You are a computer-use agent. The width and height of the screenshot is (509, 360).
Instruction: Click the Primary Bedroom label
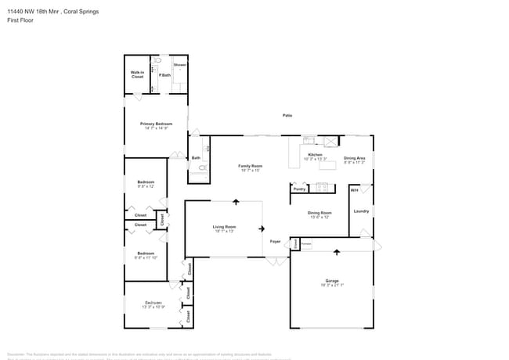click(157, 124)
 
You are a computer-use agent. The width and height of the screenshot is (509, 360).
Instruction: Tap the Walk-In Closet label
click(137, 75)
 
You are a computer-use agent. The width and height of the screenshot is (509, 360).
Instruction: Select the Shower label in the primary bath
click(179, 64)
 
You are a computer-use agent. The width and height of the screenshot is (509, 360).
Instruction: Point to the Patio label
click(287, 116)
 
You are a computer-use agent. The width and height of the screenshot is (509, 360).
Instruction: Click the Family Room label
click(250, 166)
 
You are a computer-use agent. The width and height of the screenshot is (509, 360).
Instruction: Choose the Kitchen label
click(315, 155)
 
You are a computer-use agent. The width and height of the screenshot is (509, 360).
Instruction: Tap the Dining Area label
click(354, 158)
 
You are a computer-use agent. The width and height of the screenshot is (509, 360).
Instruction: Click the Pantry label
click(299, 189)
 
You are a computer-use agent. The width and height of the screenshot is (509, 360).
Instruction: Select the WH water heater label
click(354, 190)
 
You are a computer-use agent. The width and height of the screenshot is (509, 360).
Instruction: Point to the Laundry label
click(361, 211)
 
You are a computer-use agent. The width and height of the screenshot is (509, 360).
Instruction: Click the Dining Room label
click(319, 213)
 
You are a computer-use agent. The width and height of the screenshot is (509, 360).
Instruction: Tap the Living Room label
click(224, 228)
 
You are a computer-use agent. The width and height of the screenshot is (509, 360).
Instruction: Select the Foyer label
click(276, 242)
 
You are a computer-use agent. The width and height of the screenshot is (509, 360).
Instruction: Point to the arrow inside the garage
click(337, 252)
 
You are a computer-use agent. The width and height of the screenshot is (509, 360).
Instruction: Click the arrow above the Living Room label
click(236, 202)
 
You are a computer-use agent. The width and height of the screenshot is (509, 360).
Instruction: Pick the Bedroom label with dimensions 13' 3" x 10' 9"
click(153, 303)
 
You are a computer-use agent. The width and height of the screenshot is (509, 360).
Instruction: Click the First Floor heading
click(20, 21)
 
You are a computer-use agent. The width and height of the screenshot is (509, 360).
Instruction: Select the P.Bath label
click(164, 75)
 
